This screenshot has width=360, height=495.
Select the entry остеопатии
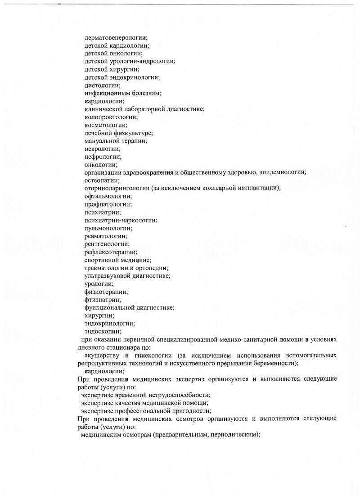102,180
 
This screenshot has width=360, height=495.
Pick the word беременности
274,363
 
